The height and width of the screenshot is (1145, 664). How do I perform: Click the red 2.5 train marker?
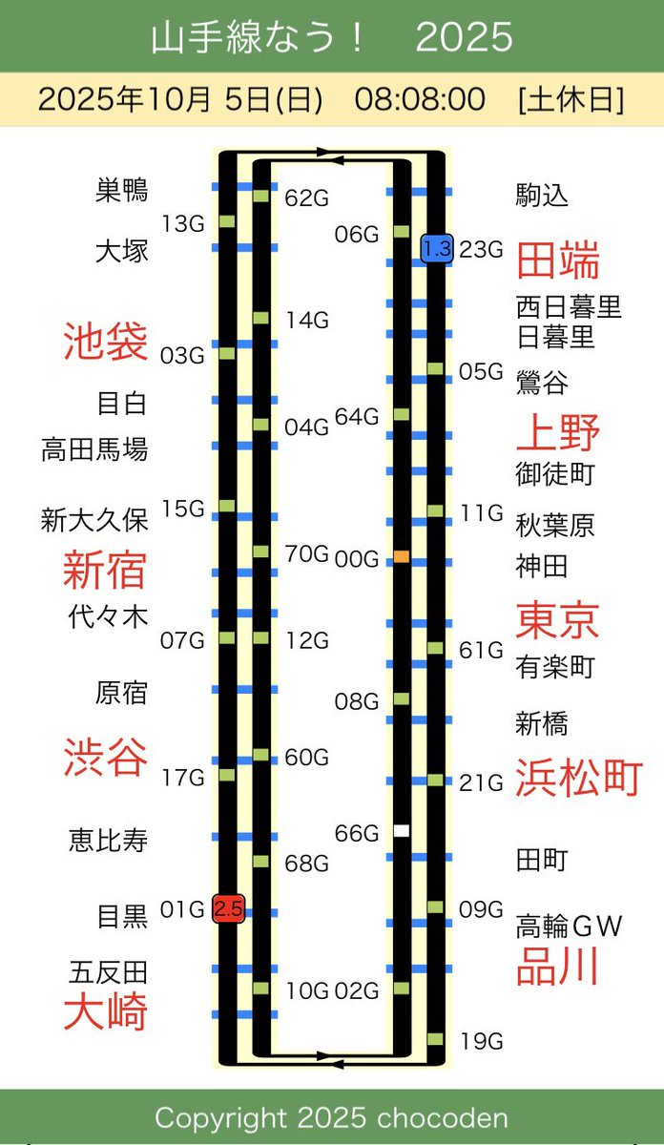click(x=228, y=908)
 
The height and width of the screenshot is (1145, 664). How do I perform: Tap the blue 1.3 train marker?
click(x=436, y=249)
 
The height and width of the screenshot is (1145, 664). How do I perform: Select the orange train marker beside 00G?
click(x=402, y=556)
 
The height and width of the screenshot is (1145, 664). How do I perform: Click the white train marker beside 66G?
click(x=402, y=831)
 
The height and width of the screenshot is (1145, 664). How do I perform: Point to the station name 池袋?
click(x=106, y=341)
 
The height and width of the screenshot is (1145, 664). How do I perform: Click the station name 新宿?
click(x=105, y=570)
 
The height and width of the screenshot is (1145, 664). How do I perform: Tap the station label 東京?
click(x=557, y=619)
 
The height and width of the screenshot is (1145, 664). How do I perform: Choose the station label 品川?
click(x=557, y=967)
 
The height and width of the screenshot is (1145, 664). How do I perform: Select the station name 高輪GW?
click(x=570, y=926)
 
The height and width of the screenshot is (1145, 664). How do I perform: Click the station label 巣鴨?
click(x=122, y=190)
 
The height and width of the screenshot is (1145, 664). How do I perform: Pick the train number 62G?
click(x=307, y=198)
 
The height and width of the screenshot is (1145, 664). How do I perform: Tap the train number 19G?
click(x=481, y=1041)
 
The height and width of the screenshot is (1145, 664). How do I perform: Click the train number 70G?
click(x=307, y=553)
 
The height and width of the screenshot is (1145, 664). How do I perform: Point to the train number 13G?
click(x=184, y=224)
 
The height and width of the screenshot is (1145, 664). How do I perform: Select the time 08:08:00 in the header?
click(x=420, y=99)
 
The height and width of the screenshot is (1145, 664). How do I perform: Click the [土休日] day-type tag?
click(x=571, y=99)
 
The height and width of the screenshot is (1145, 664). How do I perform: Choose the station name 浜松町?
click(x=579, y=778)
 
